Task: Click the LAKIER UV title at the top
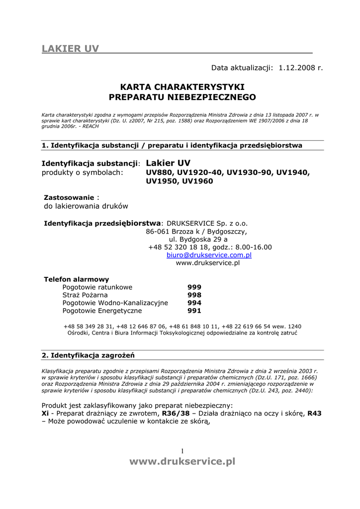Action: tap(70, 48)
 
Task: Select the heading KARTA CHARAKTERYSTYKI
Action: tap(182, 87)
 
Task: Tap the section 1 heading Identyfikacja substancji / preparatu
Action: tap(172, 146)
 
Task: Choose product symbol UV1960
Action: tap(197, 181)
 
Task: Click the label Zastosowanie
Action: tap(69, 197)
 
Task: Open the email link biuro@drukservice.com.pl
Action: tap(209, 255)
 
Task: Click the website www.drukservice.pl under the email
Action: tap(208, 263)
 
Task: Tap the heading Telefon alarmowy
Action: tap(77, 279)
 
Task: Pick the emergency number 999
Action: tap(194, 287)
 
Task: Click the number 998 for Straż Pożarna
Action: tap(194, 295)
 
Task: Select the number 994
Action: tap(194, 303)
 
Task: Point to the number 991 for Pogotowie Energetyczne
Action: tap(194, 311)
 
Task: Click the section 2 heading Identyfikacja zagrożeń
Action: tap(88, 355)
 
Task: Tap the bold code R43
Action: tap(314, 414)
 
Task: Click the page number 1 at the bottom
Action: tap(182, 451)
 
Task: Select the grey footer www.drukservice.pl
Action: tap(182, 462)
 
